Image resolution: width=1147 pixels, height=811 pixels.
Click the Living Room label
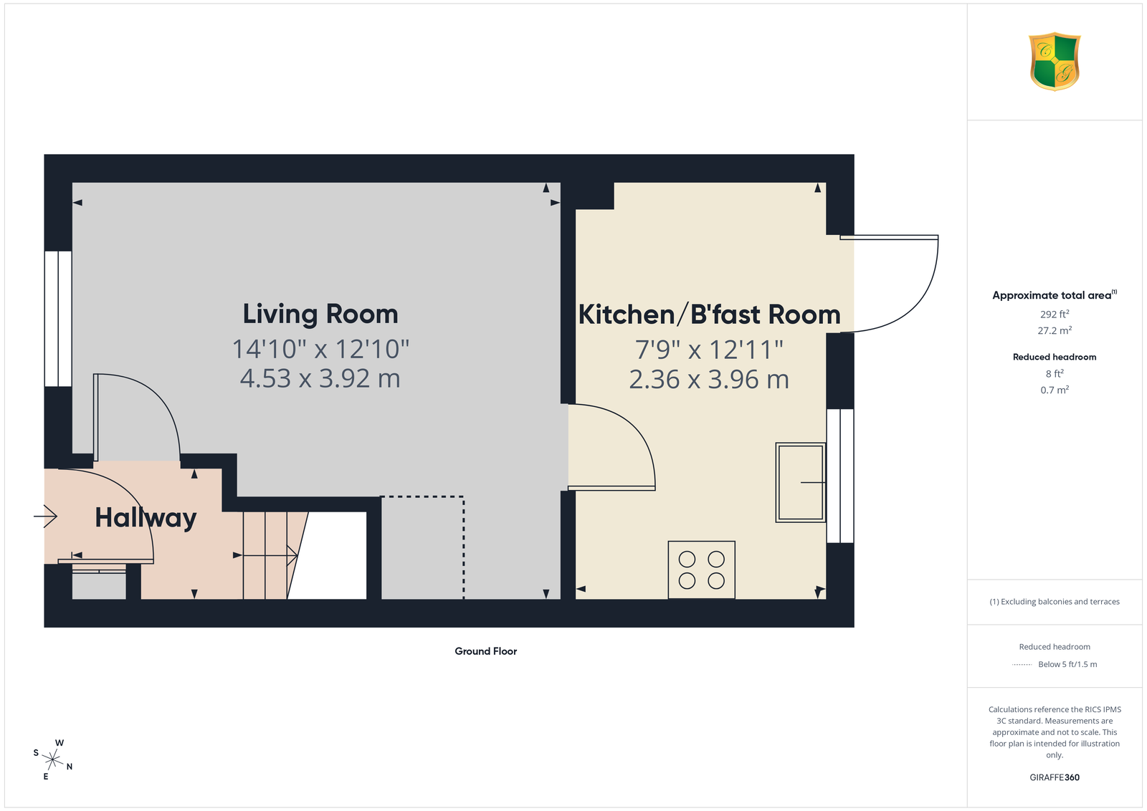(320, 314)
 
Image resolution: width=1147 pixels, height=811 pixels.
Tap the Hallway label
(146, 518)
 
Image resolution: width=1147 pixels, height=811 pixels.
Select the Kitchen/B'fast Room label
(709, 315)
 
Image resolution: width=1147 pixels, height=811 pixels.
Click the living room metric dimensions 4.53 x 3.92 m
(320, 379)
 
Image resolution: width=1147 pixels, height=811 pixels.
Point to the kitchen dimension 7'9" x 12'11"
(709, 350)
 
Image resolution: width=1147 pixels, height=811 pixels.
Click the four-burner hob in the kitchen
(702, 570)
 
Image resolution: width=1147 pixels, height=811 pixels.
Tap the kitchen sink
(800, 482)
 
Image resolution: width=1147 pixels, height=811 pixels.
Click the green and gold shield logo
(1055, 62)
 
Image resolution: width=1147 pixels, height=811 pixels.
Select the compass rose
(53, 760)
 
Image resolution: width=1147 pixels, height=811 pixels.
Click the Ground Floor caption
(486, 651)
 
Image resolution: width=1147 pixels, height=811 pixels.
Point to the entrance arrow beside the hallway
(46, 517)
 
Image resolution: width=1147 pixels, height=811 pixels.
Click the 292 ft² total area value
(1055, 315)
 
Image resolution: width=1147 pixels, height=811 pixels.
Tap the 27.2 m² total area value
(1055, 330)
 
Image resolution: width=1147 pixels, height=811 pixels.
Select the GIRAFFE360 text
(1055, 777)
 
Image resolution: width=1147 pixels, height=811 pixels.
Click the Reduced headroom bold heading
(1055, 357)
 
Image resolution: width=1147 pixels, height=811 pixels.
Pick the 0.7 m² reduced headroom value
(1055, 390)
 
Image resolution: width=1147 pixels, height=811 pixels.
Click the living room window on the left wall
(58, 318)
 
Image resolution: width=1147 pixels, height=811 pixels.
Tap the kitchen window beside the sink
(840, 476)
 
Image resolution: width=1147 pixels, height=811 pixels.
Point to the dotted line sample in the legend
(1022, 665)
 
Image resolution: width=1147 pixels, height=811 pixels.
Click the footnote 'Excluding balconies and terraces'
(1055, 602)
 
